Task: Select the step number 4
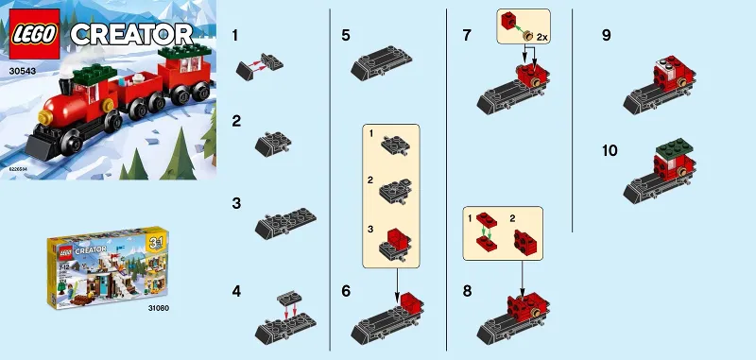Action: point(237,291)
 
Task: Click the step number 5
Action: point(347,37)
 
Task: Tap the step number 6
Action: point(347,291)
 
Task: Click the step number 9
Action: point(606,37)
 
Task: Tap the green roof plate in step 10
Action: point(668,150)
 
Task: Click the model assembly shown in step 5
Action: point(381,63)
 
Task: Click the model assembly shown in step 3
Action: point(285,221)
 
